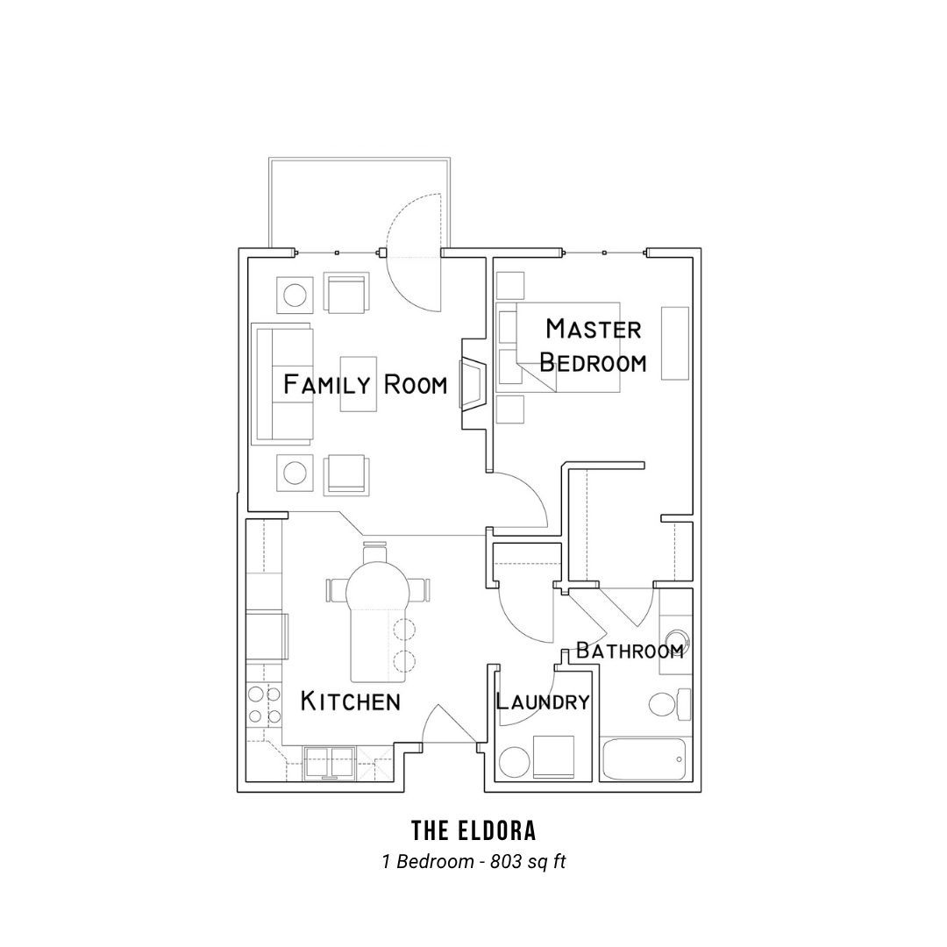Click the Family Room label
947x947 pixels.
(366, 384)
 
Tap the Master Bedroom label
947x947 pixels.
(593, 345)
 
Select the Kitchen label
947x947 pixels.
(350, 701)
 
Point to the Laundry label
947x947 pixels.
(543, 701)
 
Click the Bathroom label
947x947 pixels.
(630, 651)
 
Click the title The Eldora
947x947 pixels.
(473, 831)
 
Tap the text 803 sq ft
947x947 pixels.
(528, 861)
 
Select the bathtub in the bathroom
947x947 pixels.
(644, 759)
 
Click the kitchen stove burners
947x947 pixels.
(265, 705)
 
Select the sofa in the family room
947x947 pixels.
(283, 385)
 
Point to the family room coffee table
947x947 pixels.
(358, 384)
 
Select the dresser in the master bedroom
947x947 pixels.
(675, 343)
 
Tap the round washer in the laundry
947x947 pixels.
(515, 761)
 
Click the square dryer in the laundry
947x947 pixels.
(553, 756)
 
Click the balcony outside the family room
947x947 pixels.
(360, 204)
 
